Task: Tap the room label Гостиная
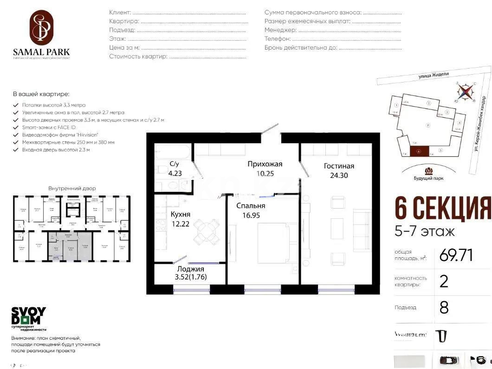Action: point(339,166)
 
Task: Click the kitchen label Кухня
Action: point(180,215)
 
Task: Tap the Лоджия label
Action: point(190,268)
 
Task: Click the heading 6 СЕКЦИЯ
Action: point(443,208)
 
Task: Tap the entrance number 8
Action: point(444,307)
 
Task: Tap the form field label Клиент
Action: point(120,13)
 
